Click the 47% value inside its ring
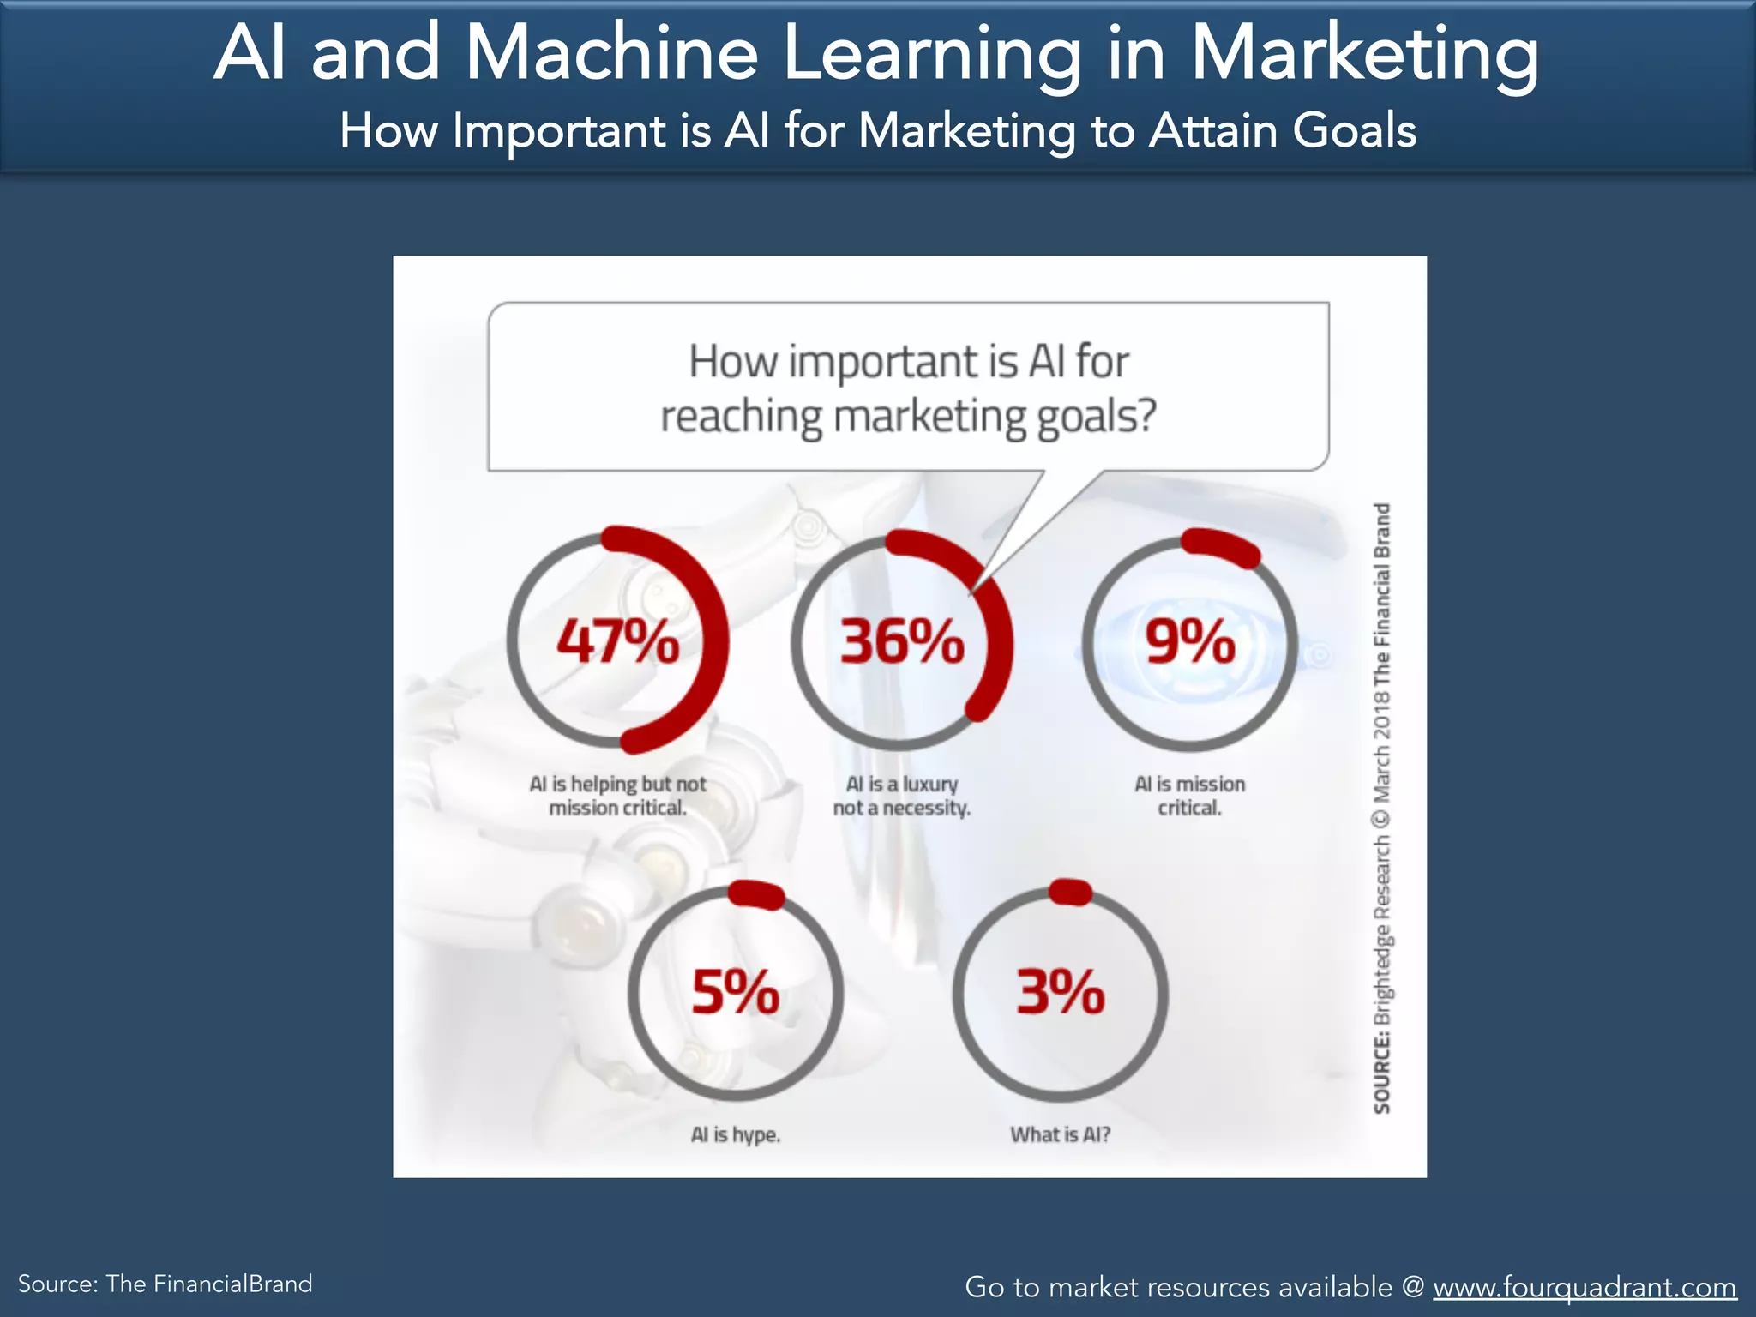click(617, 640)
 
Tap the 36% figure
click(902, 640)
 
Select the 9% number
click(1190, 640)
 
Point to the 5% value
click(736, 992)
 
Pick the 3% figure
click(1061, 992)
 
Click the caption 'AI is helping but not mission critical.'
click(617, 796)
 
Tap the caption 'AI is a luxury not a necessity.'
click(902, 796)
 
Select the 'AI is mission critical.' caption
click(1189, 796)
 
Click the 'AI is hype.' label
click(736, 1134)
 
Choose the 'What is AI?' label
click(1061, 1134)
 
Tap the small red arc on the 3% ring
click(1070, 893)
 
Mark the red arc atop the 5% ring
click(756, 895)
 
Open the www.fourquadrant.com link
click(1585, 1286)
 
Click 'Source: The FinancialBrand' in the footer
click(165, 1284)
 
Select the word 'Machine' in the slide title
click(611, 53)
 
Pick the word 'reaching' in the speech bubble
click(742, 418)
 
